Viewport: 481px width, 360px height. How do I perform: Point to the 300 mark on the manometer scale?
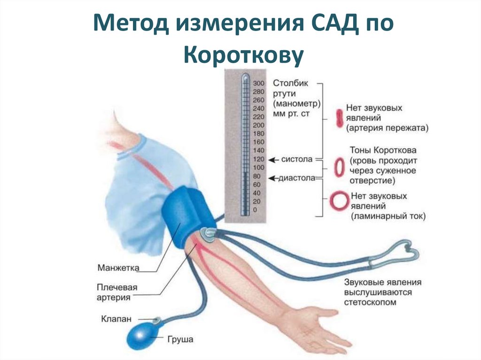coord(258,83)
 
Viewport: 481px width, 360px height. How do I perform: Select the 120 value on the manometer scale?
coord(258,160)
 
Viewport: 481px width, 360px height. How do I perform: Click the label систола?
coord(296,160)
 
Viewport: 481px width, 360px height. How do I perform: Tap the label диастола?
coord(297,178)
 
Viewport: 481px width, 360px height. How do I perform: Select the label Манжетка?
coord(118,268)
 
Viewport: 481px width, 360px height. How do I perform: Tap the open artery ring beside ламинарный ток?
coord(338,201)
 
